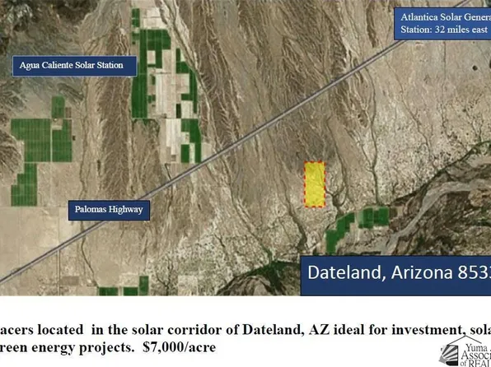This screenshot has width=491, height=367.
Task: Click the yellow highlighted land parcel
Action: [x=314, y=183]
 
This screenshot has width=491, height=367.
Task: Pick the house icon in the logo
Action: [x=457, y=349]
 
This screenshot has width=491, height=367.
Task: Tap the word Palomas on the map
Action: [x=91, y=210]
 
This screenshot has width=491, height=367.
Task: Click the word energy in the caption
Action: [x=52, y=348]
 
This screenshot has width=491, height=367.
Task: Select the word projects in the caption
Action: [x=111, y=348]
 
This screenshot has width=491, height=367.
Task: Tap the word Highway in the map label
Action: [x=126, y=210]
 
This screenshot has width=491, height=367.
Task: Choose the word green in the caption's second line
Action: [x=15, y=348]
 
